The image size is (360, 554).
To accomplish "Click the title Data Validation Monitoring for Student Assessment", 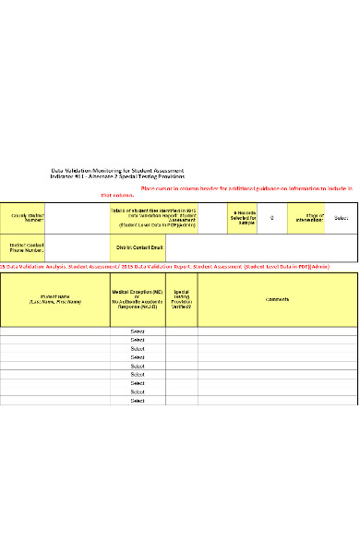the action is coord(117,171).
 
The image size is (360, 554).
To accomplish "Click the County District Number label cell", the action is coord(24,218).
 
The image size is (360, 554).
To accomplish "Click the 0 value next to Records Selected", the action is coord(271,218).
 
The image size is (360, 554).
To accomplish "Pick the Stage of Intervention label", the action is coord(308,218).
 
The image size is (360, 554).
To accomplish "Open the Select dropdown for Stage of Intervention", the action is coord(341,218).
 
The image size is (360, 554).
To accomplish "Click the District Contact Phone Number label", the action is coord(24,247).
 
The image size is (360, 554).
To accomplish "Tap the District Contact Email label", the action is coord(138,247).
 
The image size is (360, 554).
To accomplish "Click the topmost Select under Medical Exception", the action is coord(138,331).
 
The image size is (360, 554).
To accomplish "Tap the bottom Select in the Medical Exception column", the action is coord(138,401).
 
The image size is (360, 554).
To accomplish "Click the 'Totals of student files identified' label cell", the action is coord(153,218).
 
